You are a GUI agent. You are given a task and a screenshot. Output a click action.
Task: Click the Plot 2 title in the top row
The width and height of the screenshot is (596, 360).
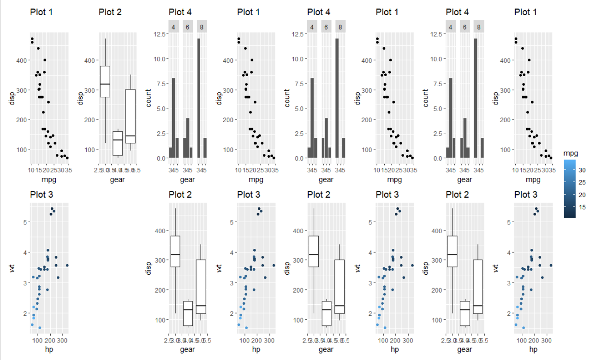[110, 12]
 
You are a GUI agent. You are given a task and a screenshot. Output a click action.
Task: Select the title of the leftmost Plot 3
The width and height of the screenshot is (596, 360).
[41, 195]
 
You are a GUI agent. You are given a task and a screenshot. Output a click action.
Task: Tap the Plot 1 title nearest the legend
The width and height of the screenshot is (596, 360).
[526, 12]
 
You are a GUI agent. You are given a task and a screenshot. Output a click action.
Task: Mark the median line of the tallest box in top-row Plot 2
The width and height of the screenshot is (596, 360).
[105, 84]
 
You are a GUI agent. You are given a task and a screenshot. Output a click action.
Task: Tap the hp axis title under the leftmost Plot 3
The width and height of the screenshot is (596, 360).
[48, 349]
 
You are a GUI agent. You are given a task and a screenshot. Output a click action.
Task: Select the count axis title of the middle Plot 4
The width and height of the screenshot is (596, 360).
[287, 98]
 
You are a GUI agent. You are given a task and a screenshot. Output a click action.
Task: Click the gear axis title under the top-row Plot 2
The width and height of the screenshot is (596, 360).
[117, 179]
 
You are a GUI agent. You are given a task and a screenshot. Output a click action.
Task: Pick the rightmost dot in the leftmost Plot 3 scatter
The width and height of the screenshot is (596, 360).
[67, 266]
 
